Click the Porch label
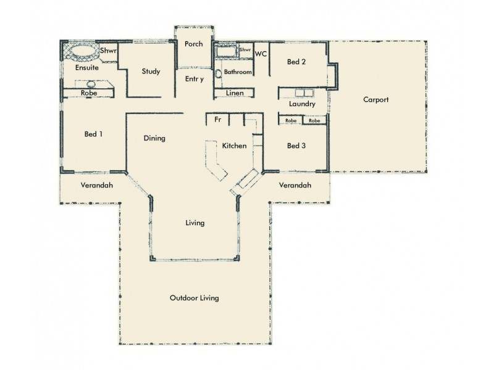click(x=193, y=44)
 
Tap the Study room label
click(x=151, y=72)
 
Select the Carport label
click(x=375, y=99)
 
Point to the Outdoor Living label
click(x=194, y=298)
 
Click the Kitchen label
click(x=234, y=146)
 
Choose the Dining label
click(x=154, y=138)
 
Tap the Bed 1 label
click(x=93, y=134)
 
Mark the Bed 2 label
click(x=296, y=62)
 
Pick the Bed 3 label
click(x=296, y=146)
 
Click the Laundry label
click(x=302, y=104)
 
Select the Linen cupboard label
click(x=234, y=93)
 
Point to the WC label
click(x=261, y=54)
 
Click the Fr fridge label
click(x=217, y=120)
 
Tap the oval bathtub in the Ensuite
click(x=82, y=52)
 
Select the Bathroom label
click(x=238, y=72)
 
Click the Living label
click(x=195, y=223)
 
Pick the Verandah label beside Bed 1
click(x=97, y=185)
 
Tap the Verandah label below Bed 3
click(x=295, y=185)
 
